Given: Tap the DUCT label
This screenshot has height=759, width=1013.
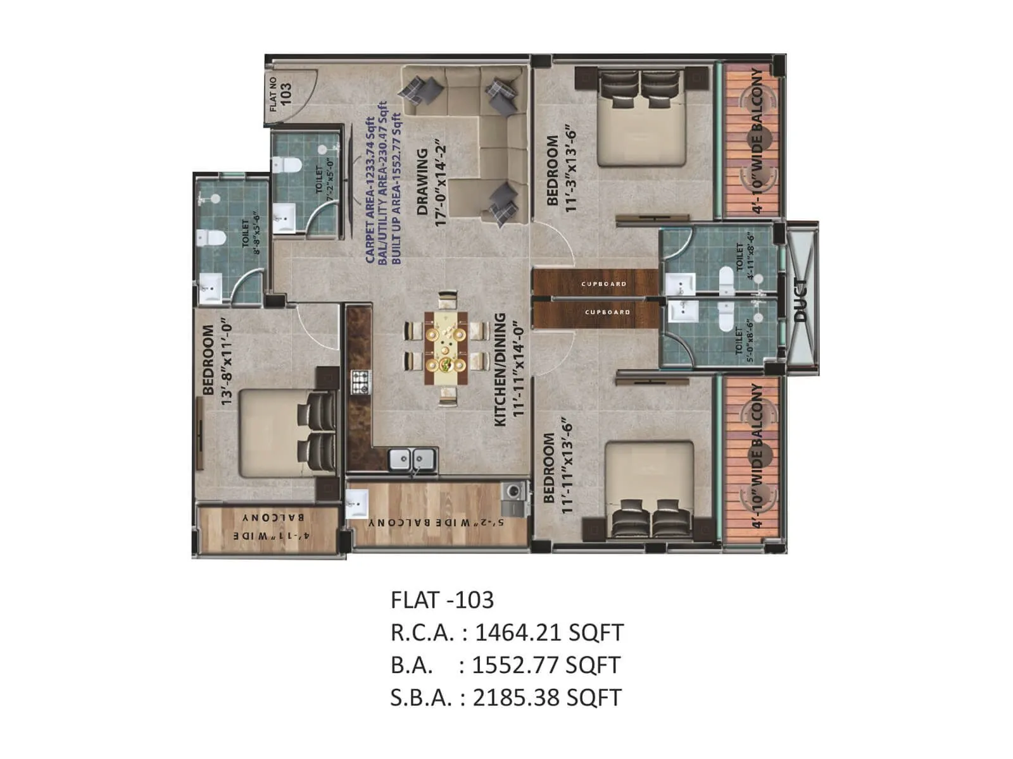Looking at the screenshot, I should (800, 300).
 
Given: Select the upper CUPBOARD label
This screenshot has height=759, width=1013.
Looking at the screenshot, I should (604, 284).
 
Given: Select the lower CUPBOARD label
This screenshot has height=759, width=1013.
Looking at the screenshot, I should (607, 312).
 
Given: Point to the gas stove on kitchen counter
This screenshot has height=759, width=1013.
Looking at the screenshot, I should (361, 381).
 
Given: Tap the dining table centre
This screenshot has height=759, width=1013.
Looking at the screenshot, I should (447, 347).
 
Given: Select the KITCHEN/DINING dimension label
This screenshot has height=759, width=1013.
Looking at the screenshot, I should (510, 368).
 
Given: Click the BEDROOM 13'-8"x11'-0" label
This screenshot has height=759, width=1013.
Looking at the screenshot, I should (217, 360).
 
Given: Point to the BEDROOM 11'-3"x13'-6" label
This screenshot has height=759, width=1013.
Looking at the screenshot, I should (561, 170).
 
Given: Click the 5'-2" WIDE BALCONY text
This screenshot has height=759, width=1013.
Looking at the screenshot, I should (437, 523).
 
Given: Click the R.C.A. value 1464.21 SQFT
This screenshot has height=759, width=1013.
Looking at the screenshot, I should (548, 632).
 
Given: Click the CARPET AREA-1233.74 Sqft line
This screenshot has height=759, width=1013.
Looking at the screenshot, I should (370, 190).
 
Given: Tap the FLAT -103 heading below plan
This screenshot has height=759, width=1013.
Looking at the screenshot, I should (442, 599).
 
